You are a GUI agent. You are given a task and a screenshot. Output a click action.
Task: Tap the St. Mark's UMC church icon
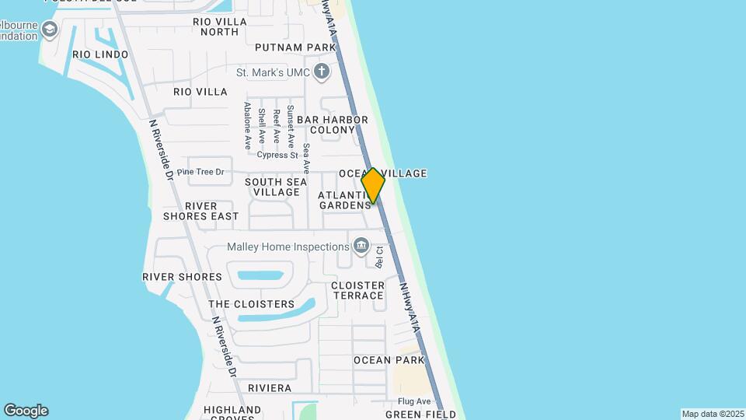[x=322, y=72]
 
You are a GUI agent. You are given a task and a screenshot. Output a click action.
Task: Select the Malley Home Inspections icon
[x=361, y=247]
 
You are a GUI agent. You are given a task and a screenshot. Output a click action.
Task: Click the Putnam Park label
[x=300, y=47]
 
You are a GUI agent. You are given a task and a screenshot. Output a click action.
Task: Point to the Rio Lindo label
[x=100, y=54]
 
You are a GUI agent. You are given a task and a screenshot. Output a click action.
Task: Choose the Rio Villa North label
[x=220, y=26]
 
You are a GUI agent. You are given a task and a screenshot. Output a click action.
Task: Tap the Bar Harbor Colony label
[x=333, y=124]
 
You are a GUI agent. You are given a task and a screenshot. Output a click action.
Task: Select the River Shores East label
[x=201, y=211]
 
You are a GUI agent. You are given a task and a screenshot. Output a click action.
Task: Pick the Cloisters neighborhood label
[x=252, y=304]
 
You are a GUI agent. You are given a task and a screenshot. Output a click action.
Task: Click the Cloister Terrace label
[x=357, y=290]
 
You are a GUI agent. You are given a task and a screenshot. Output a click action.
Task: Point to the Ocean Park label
[x=389, y=360]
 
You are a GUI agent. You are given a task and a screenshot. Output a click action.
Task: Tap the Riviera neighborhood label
[x=270, y=388]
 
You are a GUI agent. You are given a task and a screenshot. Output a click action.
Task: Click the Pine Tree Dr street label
[x=200, y=172]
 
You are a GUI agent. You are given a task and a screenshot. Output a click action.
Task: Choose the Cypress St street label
[x=277, y=155]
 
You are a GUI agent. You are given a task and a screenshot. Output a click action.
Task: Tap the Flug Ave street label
[x=414, y=401]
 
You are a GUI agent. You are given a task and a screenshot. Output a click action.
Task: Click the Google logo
[x=26, y=411]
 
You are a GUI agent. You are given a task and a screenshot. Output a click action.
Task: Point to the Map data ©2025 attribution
[x=713, y=414]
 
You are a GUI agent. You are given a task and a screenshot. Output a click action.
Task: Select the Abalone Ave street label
[x=248, y=125]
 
